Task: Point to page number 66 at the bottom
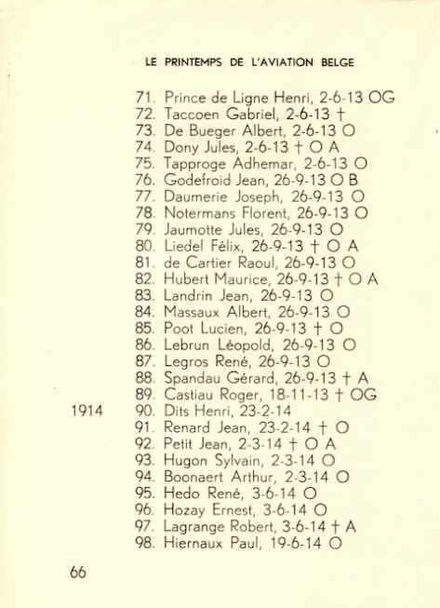(x=78, y=573)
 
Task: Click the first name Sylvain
(x=245, y=461)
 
